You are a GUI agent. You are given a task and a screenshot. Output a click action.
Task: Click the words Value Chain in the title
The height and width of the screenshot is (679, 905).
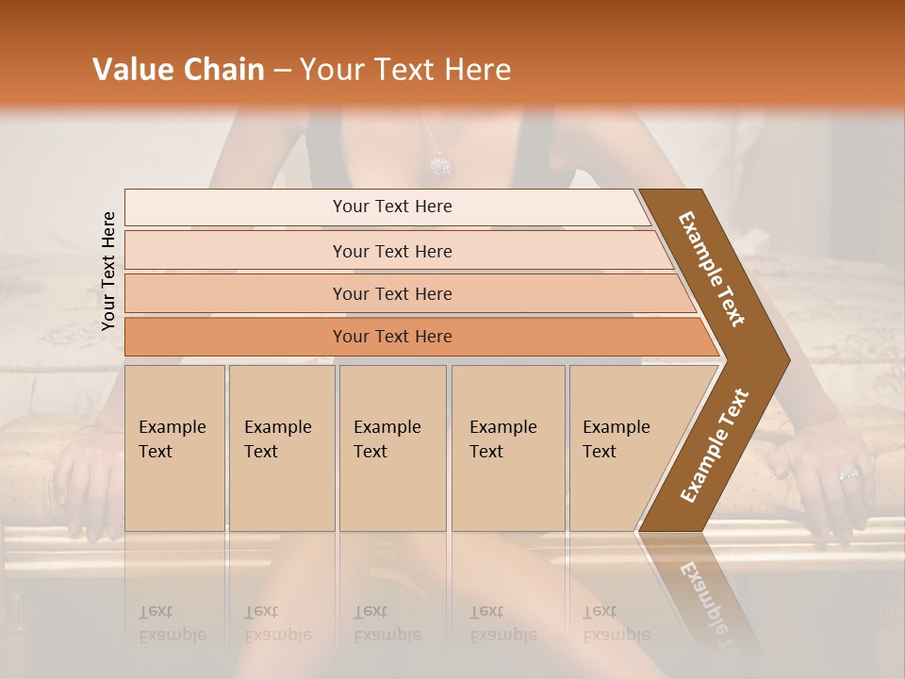[x=178, y=70]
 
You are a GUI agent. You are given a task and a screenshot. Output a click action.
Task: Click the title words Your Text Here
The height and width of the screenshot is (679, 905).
[x=405, y=70]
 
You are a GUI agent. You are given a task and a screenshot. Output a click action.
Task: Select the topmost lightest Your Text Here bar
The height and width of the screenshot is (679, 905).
[x=392, y=207]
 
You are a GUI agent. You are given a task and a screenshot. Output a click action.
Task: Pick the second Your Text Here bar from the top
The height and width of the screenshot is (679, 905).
[x=392, y=251]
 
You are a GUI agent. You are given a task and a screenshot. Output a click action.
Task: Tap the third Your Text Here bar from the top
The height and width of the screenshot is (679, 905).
[x=392, y=293]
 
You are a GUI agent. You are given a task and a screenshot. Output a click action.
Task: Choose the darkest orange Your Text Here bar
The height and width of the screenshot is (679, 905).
[x=392, y=337]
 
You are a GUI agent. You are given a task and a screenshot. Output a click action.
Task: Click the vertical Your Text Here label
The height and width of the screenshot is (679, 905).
[x=109, y=271]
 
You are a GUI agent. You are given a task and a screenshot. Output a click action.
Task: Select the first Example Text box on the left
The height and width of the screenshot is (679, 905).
[x=174, y=448]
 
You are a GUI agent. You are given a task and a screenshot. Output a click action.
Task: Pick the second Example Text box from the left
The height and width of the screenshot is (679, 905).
[x=281, y=448]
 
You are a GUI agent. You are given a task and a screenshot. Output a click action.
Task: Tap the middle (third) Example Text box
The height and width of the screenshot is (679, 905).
[x=391, y=448]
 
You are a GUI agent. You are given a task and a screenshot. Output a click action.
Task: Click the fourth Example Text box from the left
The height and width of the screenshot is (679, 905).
[x=507, y=448]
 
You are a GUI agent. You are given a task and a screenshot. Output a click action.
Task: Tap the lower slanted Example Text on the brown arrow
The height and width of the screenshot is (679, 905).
[x=715, y=445]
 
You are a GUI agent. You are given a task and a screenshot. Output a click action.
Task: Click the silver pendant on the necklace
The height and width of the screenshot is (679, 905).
[x=440, y=166]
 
